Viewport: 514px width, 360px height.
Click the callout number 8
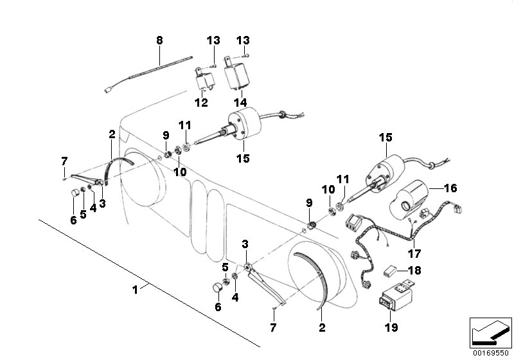click(159, 40)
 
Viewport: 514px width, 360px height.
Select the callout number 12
click(201, 102)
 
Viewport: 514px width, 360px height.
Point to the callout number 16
click(450, 188)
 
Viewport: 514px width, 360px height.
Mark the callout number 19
click(391, 327)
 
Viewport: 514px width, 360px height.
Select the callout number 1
click(135, 289)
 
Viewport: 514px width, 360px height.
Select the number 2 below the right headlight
click(322, 327)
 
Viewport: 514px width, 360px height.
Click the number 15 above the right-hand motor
click(385, 138)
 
